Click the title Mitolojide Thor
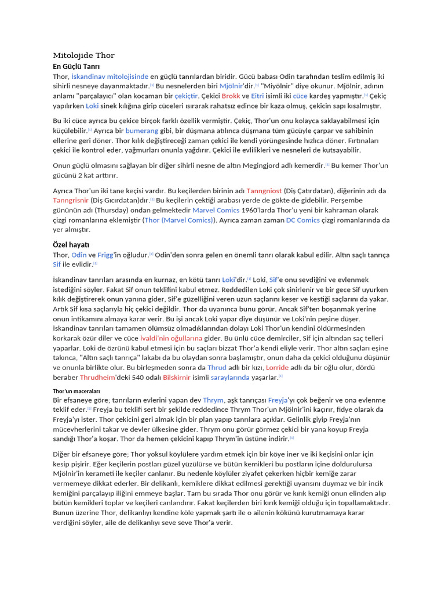tap(84, 56)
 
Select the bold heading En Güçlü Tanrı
tap(72, 67)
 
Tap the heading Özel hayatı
tap(71, 244)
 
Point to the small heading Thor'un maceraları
tap(76, 390)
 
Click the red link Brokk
tap(231, 96)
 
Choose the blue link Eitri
tap(257, 96)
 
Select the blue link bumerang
tap(142, 131)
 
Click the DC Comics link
tap(303, 220)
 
